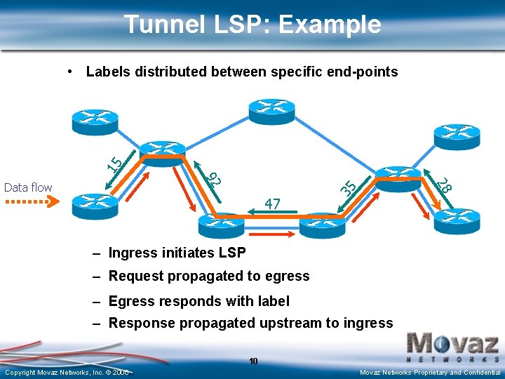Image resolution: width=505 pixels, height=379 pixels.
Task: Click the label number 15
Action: click(115, 163)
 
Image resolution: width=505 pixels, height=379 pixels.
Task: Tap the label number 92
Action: click(215, 178)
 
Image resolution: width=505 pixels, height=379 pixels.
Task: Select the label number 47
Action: click(273, 204)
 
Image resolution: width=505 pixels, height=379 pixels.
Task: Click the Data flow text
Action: click(28, 187)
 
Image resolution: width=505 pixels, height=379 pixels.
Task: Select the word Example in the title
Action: click(330, 25)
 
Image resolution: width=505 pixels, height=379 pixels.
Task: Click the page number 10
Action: click(253, 361)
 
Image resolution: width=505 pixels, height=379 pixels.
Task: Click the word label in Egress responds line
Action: click(274, 301)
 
